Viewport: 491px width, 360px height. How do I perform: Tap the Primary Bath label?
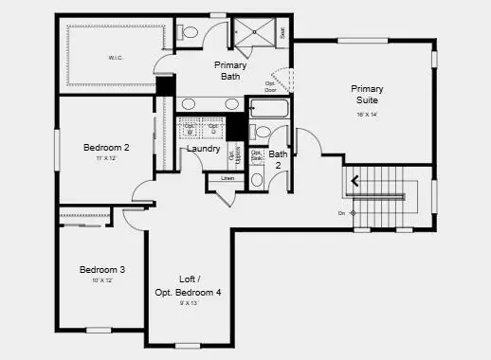230,70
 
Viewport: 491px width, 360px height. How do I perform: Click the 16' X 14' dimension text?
367,114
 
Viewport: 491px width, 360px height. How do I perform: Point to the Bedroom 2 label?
106,147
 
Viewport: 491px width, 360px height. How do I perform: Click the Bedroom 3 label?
102,269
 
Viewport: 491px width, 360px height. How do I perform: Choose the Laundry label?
204,149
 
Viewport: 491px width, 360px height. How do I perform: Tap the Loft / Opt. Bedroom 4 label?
188,286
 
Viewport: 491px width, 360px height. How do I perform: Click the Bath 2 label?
278,159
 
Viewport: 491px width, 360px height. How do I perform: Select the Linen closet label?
227,178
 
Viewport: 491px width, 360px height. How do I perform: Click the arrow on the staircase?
357,179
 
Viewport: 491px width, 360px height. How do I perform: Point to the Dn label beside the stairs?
341,213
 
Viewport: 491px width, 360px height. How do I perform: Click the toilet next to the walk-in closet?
189,33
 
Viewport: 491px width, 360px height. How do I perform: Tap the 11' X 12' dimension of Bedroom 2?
105,158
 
